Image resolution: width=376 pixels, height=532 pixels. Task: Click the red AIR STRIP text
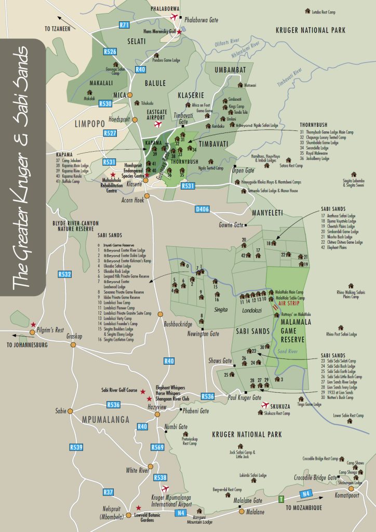(290, 303)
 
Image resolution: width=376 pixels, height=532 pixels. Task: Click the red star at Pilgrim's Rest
(33, 324)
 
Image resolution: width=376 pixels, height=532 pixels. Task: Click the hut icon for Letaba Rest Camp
(307, 10)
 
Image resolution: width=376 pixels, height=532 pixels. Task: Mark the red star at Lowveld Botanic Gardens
(138, 508)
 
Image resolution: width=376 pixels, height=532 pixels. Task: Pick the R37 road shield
(109, 491)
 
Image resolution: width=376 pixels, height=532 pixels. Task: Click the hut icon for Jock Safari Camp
(240, 446)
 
